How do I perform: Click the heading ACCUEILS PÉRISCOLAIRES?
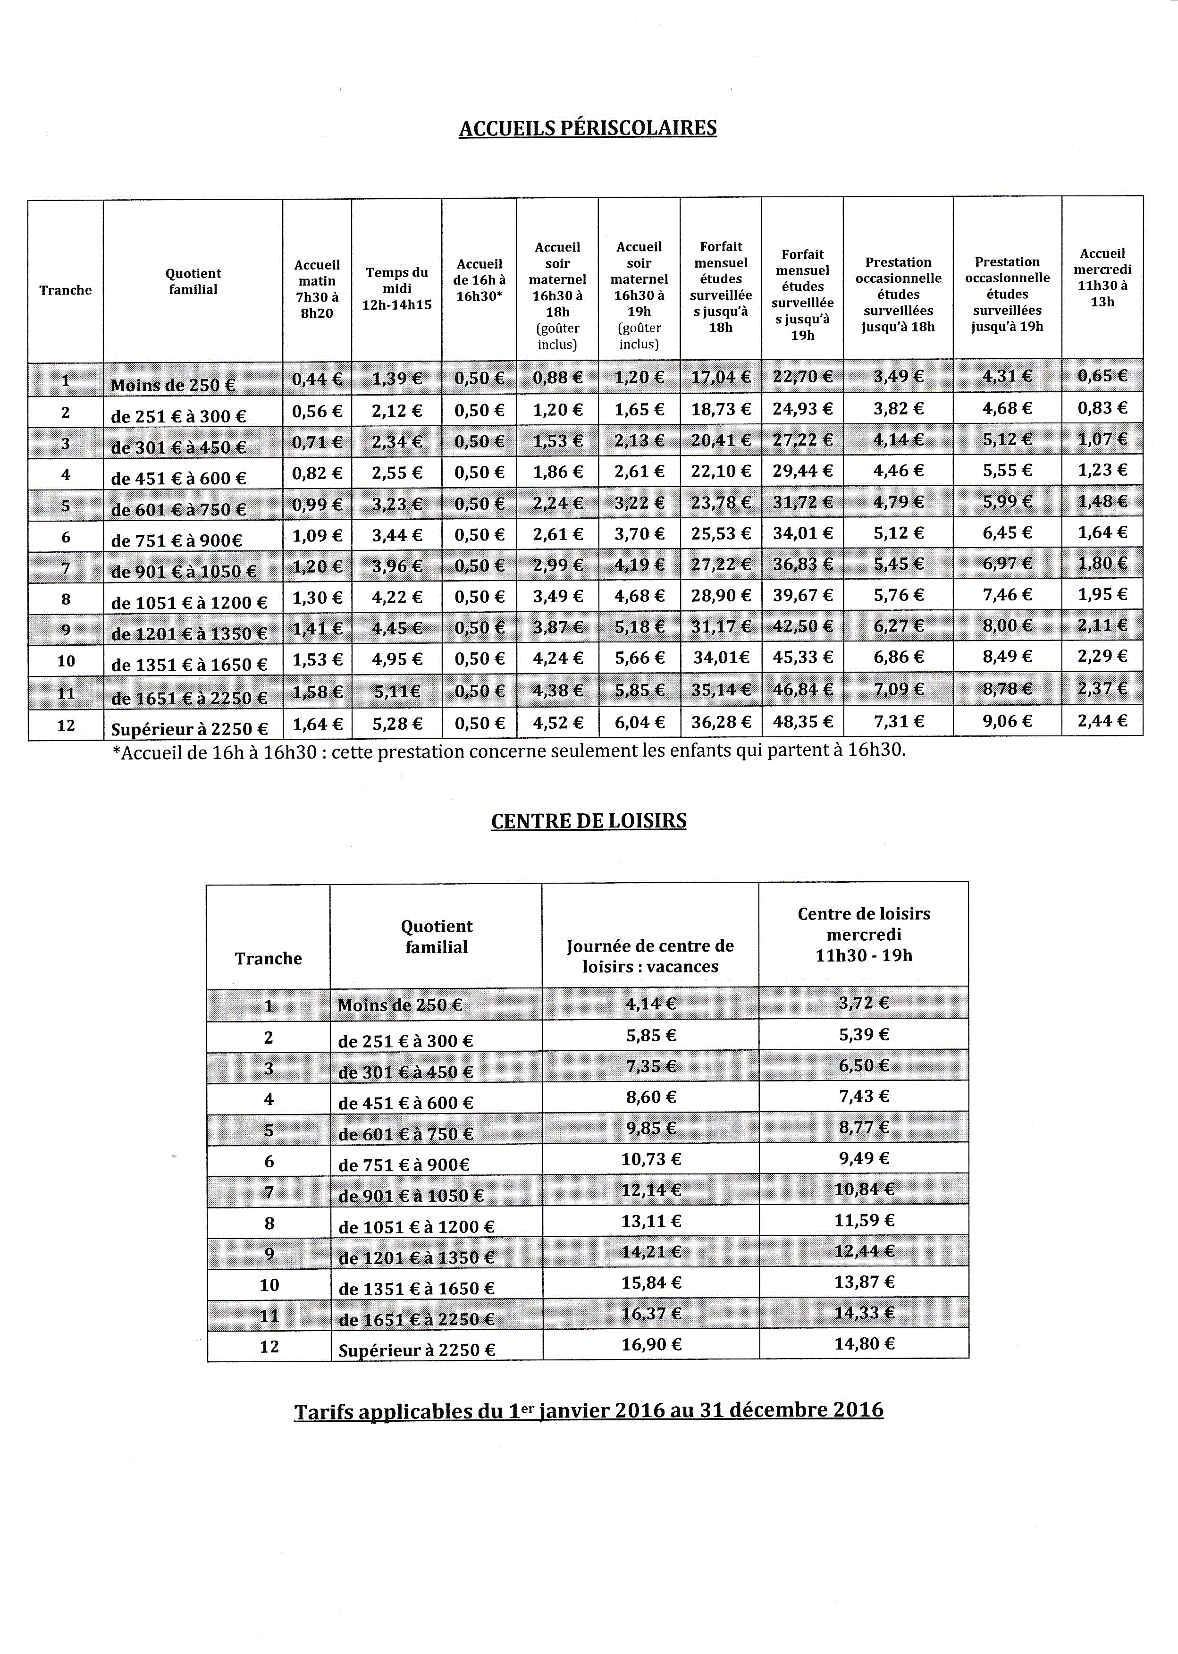(x=588, y=128)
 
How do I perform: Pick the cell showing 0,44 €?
(x=317, y=378)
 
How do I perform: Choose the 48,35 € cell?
(x=802, y=722)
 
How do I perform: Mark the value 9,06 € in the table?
(x=1007, y=721)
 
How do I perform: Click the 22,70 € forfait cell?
(x=802, y=377)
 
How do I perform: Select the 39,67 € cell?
(x=802, y=596)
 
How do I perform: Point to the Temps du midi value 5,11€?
(x=397, y=691)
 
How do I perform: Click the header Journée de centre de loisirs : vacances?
(x=650, y=956)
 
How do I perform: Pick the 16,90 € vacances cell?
(x=651, y=1344)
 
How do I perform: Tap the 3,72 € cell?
(x=863, y=1003)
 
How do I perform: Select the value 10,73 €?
(x=651, y=1158)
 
